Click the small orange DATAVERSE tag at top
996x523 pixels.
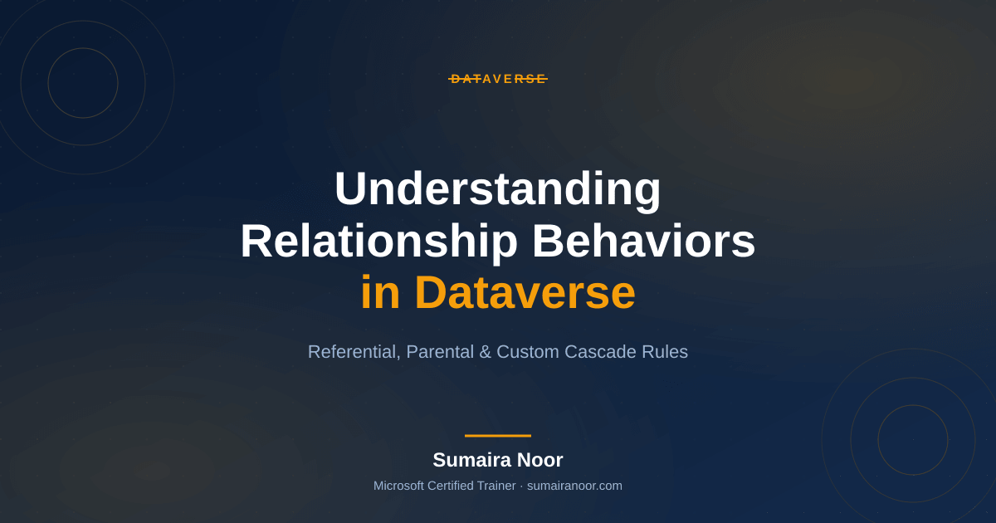(x=498, y=79)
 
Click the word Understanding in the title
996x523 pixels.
(x=498, y=190)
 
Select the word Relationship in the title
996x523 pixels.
(x=378, y=242)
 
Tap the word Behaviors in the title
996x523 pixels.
(x=644, y=242)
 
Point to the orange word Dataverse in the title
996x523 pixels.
(x=525, y=292)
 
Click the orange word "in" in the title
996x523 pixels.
(x=380, y=292)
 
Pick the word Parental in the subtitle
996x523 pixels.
(x=440, y=352)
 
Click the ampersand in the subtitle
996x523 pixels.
(x=485, y=352)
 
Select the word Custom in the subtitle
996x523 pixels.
(x=528, y=352)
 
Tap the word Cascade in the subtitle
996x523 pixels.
(x=600, y=352)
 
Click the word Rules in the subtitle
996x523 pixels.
(x=664, y=352)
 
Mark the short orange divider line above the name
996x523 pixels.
(x=498, y=436)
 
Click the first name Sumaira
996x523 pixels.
(x=467, y=460)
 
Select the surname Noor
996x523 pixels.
(x=535, y=460)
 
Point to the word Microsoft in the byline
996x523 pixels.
(x=398, y=486)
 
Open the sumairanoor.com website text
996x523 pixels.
(x=574, y=486)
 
